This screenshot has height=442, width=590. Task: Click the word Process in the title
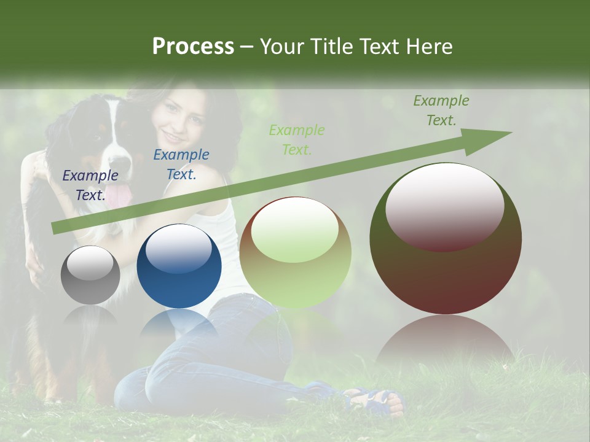click(x=193, y=47)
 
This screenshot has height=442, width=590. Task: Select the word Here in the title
click(x=430, y=47)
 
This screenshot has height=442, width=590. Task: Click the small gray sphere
click(x=90, y=275)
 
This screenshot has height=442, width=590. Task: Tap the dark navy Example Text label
click(x=90, y=185)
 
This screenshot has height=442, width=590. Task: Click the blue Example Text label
click(x=181, y=164)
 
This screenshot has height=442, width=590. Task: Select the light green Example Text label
click(x=297, y=139)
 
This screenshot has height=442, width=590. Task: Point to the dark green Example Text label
click(x=441, y=110)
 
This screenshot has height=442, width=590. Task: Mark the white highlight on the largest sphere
click(x=445, y=206)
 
